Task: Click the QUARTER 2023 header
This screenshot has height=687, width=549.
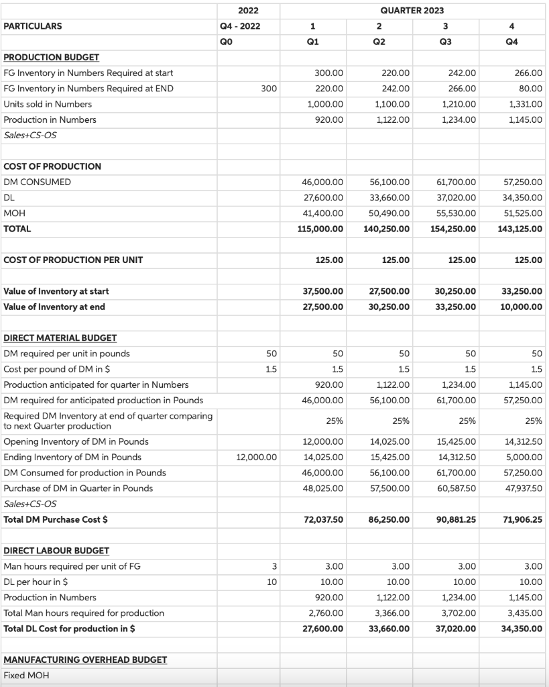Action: [x=412, y=10]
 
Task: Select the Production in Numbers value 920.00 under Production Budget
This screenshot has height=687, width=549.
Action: [x=328, y=119]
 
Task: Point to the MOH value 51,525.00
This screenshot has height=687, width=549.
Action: [x=525, y=213]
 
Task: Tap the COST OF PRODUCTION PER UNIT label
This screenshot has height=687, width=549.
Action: [x=73, y=260]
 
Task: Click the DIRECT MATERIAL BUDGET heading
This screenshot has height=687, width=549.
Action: [x=60, y=338]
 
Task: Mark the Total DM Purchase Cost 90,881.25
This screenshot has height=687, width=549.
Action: [x=453, y=519]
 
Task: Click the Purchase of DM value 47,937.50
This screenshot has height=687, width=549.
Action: [x=524, y=488]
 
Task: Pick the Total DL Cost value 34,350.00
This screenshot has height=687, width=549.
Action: [x=522, y=629]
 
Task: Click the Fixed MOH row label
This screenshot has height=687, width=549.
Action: [x=26, y=675]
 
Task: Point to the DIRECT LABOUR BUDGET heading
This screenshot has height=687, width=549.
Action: [x=56, y=551]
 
